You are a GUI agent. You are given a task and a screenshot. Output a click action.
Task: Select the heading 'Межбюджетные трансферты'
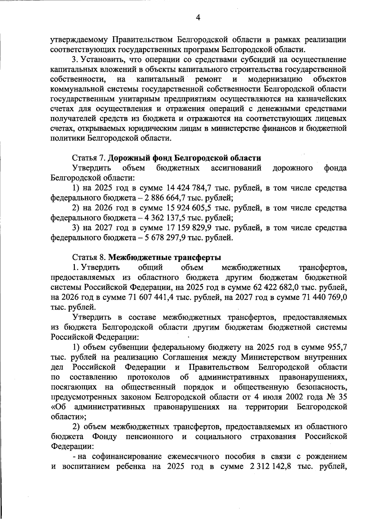pos(165,258)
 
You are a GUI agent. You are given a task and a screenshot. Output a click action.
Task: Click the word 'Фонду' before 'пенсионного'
pos(105,436)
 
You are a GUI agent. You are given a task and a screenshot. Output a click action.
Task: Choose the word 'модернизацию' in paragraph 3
pos(275,80)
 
